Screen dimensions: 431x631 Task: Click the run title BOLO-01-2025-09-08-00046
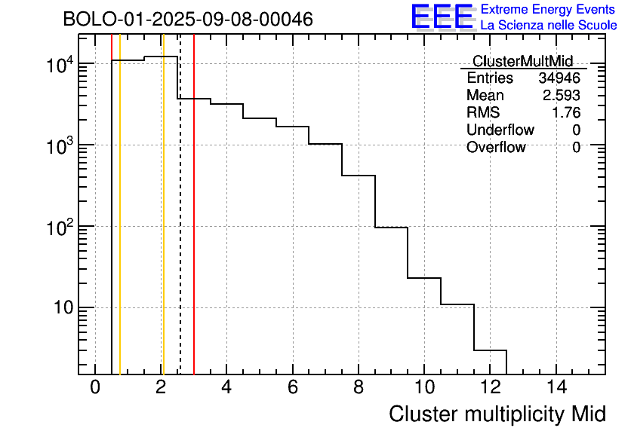pos(188,20)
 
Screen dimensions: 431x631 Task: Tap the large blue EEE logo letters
pos(442,17)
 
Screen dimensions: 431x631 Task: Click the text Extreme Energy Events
pos(549,10)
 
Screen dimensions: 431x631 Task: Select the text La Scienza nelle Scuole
pos(549,25)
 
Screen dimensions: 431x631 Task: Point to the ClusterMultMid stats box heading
pos(522,61)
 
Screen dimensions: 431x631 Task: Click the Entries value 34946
pos(559,78)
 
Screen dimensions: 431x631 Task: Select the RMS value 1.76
pos(566,113)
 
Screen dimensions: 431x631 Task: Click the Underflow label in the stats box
pos(500,130)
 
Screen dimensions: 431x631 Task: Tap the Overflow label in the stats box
pos(496,148)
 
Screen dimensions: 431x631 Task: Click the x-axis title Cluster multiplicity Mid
pos(497,414)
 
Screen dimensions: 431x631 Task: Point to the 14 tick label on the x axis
pos(556,388)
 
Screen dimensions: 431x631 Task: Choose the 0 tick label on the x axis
pos(95,388)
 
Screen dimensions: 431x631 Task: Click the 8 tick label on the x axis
pos(359,388)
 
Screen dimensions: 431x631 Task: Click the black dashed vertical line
pos(180,226)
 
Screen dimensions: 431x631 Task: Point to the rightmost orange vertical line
pos(163,226)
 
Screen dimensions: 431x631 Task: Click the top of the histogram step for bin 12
pos(490,350)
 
